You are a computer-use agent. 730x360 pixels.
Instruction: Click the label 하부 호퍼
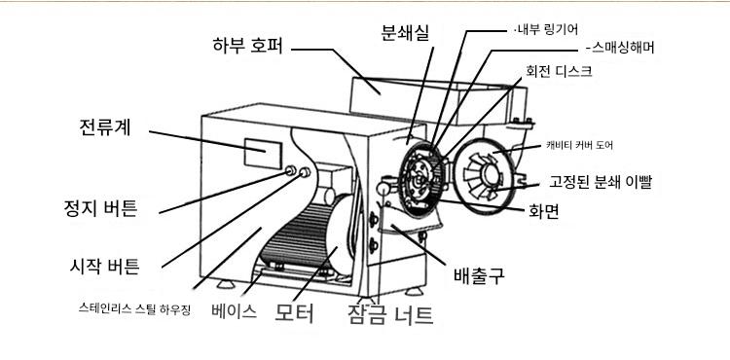247,46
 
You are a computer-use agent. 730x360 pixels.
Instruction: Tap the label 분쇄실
405,32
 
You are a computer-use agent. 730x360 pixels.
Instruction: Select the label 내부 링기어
547,30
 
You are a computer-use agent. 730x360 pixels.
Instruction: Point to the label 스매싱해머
621,48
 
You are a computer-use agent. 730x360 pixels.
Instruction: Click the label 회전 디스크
559,71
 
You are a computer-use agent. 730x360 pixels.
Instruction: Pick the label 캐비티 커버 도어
580,146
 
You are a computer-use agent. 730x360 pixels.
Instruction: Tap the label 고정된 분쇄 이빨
601,182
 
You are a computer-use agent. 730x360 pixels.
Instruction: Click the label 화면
544,212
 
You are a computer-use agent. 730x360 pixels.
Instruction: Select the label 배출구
479,275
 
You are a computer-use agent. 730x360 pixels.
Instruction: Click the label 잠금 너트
390,314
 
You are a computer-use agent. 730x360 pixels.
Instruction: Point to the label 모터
294,313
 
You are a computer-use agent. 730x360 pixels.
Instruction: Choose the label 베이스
234,310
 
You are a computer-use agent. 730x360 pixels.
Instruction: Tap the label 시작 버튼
104,266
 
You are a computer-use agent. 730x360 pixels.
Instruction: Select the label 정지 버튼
100,208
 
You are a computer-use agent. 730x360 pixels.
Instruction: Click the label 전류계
105,127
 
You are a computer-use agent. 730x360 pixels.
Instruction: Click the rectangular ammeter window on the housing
263,154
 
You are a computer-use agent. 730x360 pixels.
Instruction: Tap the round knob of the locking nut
383,188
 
